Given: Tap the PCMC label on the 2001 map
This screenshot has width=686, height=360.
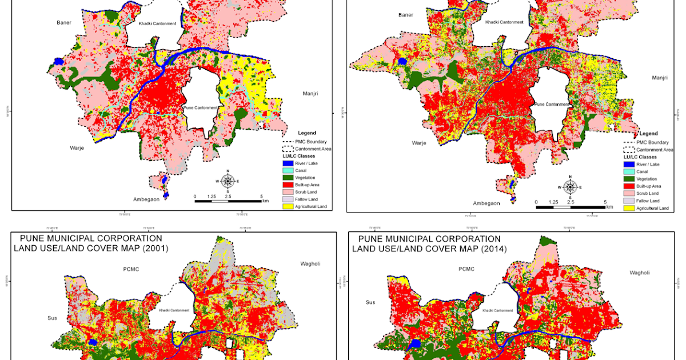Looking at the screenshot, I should coord(131,269).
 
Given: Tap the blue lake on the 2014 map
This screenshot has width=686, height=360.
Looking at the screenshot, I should coord(416,345).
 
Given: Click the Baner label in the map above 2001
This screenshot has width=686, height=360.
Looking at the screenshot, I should coord(64,23).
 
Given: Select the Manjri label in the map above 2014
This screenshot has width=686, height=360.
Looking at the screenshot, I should coord(661,78).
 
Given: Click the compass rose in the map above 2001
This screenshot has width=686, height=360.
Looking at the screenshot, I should coord(228,182).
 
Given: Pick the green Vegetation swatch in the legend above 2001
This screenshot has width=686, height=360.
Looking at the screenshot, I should coord(289,178).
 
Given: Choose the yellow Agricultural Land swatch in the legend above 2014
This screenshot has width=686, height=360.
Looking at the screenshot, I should coord(629,209).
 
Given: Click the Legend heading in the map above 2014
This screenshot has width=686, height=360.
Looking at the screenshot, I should coord(648,133).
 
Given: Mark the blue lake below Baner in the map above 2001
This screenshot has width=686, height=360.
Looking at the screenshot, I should coord(57,61).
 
